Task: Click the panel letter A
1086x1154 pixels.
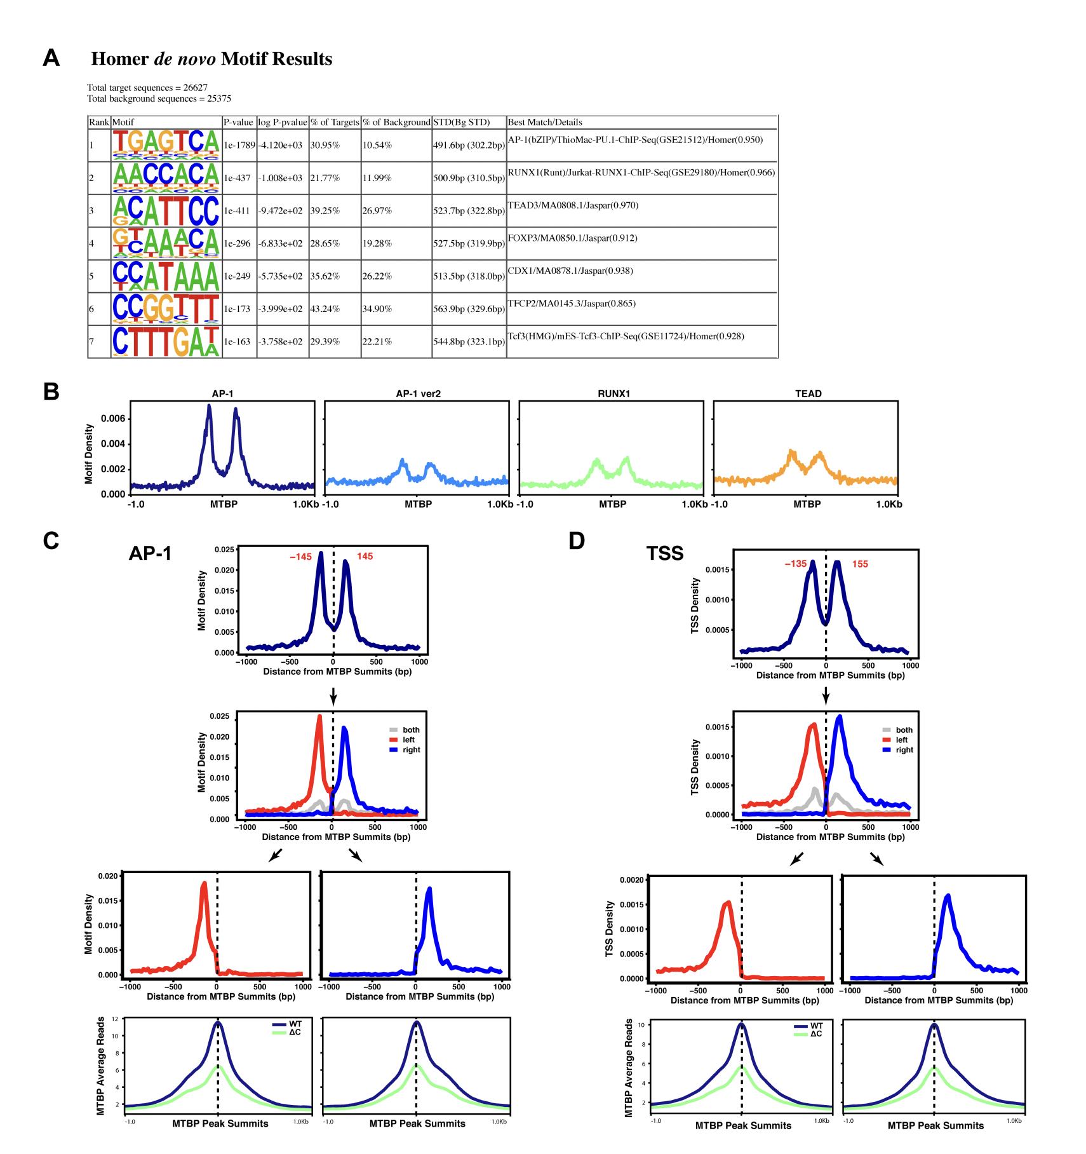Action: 51,58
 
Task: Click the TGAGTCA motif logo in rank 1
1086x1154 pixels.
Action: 166,145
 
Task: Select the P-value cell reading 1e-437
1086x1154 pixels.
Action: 239,179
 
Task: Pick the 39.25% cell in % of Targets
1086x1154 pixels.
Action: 325,211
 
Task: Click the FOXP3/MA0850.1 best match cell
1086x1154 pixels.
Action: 572,238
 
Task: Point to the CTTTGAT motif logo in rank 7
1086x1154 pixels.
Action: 166,341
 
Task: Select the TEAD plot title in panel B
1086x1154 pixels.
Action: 808,394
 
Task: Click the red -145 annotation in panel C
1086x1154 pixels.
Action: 300,557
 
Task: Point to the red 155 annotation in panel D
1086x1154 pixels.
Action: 859,564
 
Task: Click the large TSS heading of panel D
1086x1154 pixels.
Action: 664,553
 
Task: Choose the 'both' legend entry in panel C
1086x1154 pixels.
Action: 411,730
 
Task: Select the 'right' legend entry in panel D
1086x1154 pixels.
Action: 904,750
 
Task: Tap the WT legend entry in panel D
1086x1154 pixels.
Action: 816,1026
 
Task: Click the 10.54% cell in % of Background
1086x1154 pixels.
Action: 377,146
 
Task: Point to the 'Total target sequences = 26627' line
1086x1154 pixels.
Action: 147,88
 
